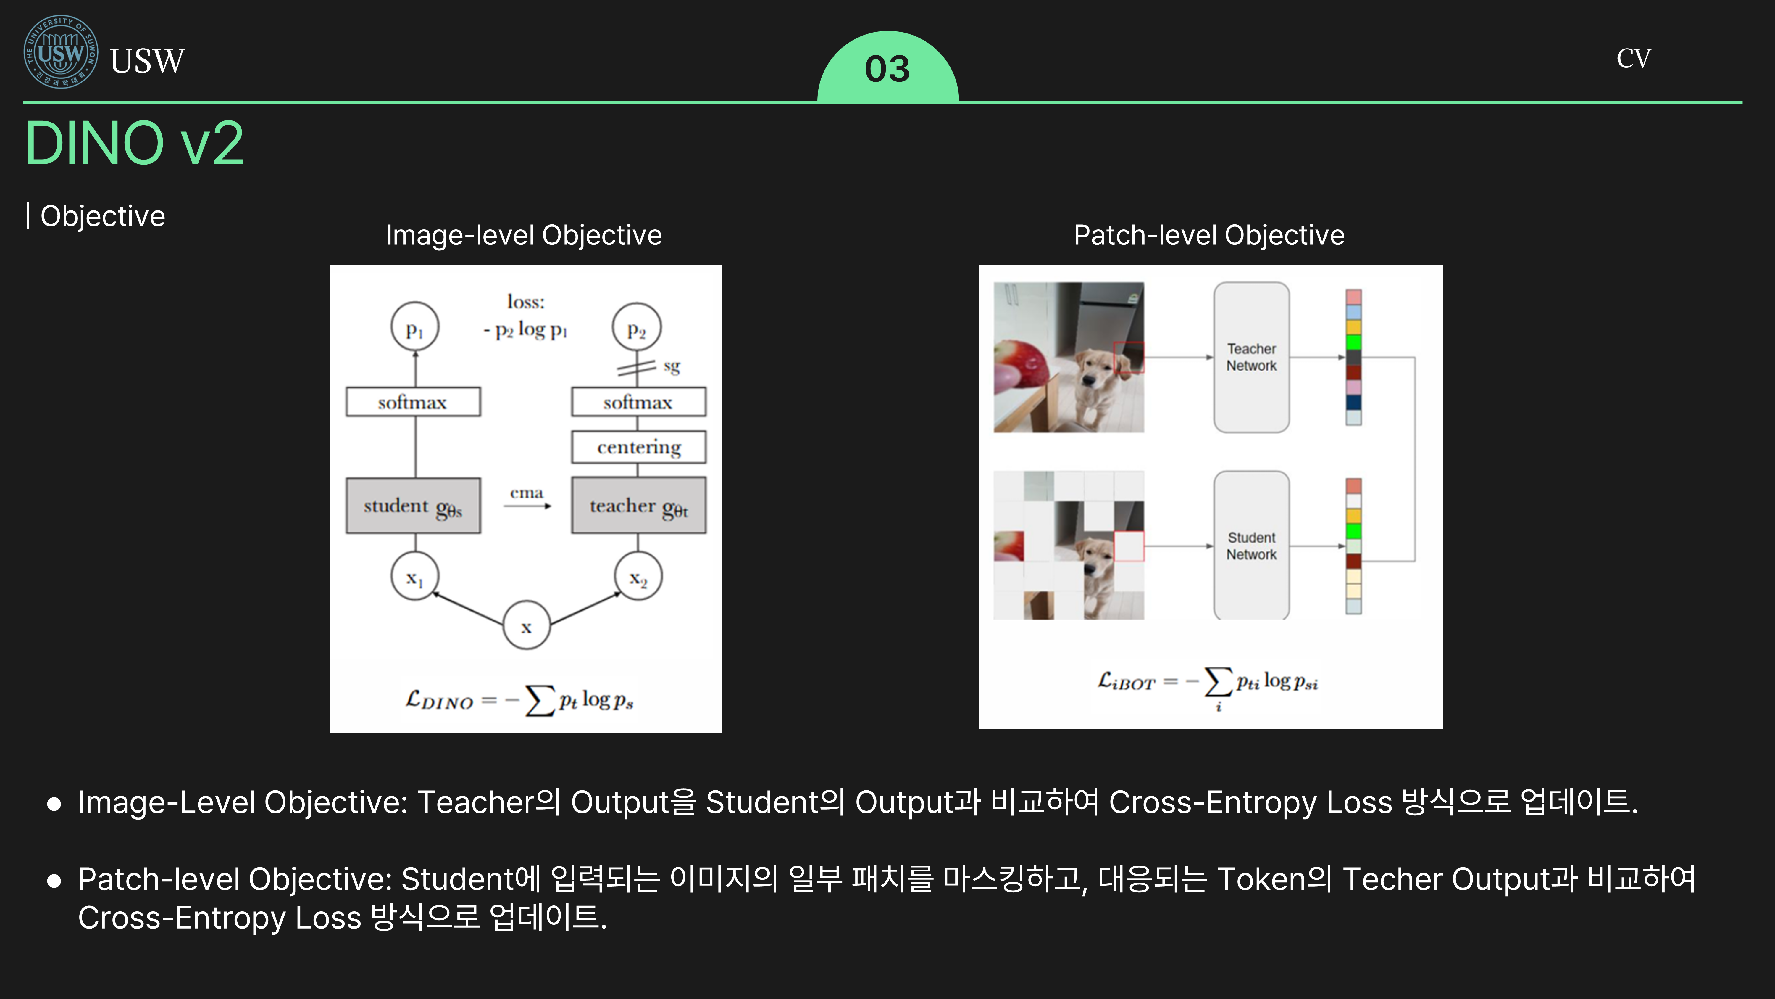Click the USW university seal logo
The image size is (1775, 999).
tap(61, 52)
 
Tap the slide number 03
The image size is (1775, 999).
tap(887, 69)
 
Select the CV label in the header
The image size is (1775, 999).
tap(1634, 59)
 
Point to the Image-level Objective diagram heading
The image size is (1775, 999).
tap(524, 235)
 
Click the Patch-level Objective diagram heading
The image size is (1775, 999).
tap(1209, 235)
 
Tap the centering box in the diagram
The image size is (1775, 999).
tap(639, 447)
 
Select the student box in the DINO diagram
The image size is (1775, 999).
tap(414, 505)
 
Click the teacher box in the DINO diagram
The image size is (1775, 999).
tap(639, 505)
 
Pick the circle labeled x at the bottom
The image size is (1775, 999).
tap(527, 625)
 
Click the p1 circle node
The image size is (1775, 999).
tap(415, 327)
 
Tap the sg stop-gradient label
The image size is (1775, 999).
tap(672, 366)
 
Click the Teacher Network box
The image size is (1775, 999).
tap(1251, 357)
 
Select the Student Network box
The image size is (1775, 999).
tap(1251, 545)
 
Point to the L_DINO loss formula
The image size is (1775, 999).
tap(519, 700)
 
